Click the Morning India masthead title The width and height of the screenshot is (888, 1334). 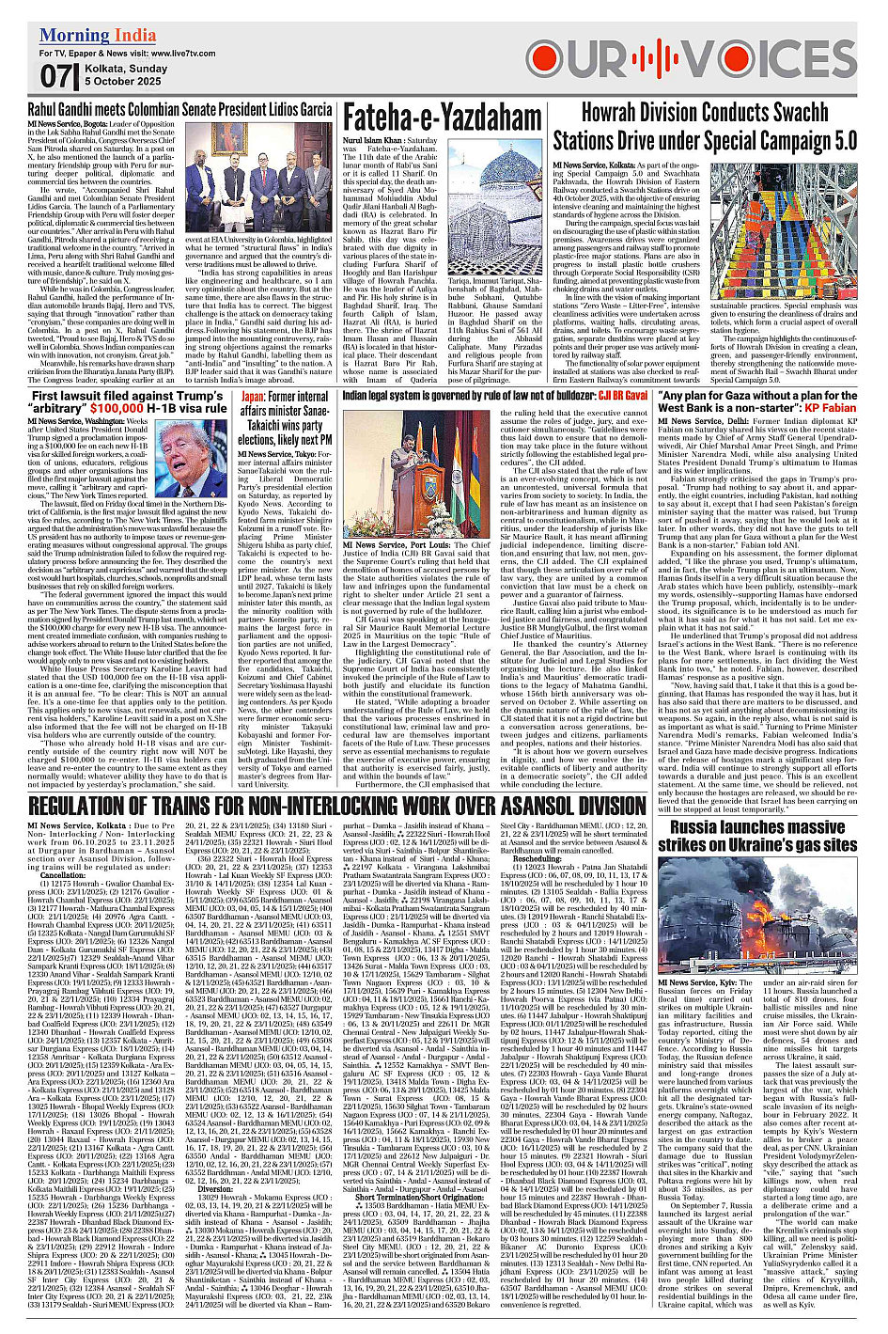click(98, 36)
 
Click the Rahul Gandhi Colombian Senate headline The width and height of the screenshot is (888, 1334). click(179, 110)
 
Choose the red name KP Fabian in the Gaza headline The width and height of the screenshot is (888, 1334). click(831, 408)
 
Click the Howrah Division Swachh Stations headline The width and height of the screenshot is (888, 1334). click(705, 126)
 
